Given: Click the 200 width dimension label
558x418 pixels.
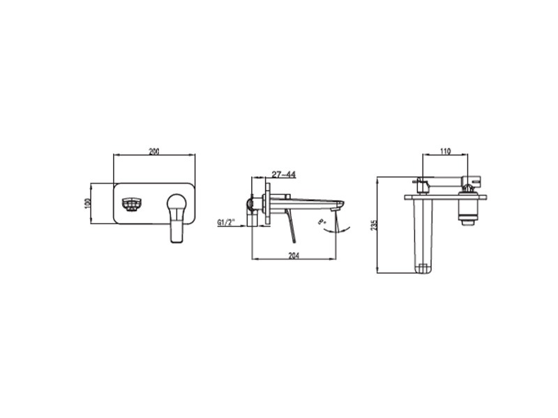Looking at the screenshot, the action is coord(153,151).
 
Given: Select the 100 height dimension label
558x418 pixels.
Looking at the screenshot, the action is coord(88,203).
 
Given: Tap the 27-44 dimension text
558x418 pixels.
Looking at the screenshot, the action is coord(284,174).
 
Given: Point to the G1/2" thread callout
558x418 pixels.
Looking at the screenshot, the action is coord(227,222).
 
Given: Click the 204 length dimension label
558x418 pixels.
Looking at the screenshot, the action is coord(294,255).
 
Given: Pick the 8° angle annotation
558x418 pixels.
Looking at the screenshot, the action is coord(322,222).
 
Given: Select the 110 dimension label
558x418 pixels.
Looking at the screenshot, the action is coord(445,151).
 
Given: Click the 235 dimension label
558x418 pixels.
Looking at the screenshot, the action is coord(373,225).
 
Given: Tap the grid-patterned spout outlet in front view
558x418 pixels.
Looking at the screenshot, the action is coord(132,204).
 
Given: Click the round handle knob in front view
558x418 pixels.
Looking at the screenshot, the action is coord(176,203).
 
